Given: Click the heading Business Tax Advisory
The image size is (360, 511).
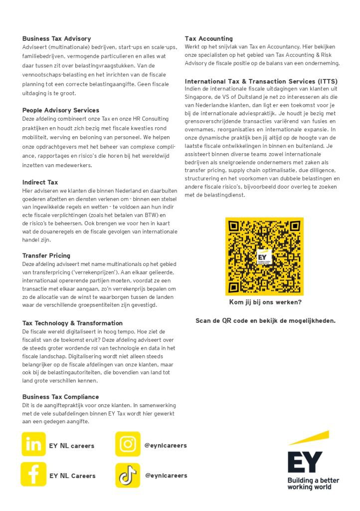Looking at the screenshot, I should [56, 38].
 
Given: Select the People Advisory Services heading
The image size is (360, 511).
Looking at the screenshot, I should [60, 110].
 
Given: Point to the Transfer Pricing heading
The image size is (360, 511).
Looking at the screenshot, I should [46, 255].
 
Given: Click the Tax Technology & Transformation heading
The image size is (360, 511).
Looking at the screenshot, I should [72, 323].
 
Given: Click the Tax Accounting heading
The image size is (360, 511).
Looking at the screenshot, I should [208, 38].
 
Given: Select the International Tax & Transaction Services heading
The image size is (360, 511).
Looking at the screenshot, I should [261, 81].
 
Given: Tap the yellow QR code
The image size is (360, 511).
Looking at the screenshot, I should [264, 255].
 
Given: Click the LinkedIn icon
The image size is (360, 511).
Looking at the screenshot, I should [33, 444].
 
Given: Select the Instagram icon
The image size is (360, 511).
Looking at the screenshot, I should [128, 444].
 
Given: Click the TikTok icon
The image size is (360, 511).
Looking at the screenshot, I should [128, 475].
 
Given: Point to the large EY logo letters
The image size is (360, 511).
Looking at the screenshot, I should [305, 462].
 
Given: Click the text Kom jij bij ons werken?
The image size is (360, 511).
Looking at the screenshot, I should [265, 302].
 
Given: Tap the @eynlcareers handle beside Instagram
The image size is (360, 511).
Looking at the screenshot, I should [166, 445].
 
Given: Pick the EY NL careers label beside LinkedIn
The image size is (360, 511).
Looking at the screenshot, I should [71, 446].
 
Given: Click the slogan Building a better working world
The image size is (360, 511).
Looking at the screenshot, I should [313, 484].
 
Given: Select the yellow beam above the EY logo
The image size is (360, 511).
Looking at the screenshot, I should [310, 437].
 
